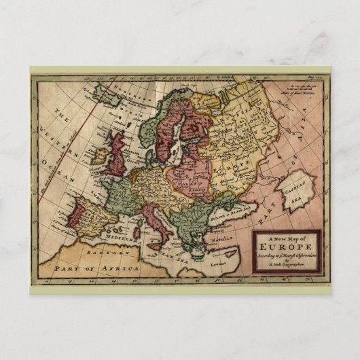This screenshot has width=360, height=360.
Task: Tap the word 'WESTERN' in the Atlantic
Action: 52,137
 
